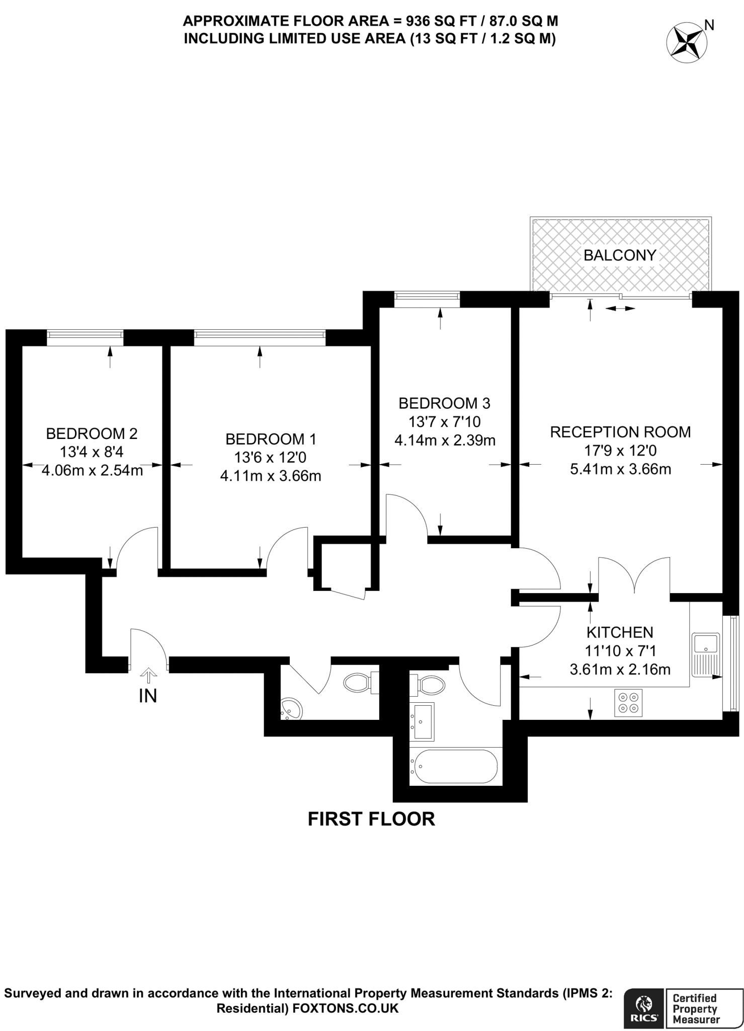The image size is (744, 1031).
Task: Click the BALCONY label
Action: (x=620, y=255)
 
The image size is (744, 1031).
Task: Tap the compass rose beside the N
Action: (x=685, y=43)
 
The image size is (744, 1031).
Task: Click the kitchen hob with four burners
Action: (x=628, y=703)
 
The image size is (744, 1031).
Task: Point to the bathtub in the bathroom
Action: (x=455, y=766)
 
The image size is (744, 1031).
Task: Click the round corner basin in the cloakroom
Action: (x=291, y=708)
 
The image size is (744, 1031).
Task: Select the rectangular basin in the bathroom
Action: (x=422, y=721)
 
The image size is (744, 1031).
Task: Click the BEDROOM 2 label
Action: (x=92, y=433)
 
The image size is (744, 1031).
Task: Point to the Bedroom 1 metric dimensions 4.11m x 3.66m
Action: (x=271, y=476)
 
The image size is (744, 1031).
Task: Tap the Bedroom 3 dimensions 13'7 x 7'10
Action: (x=445, y=421)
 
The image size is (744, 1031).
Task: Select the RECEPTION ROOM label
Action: (x=620, y=432)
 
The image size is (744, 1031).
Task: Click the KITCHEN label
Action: (x=620, y=632)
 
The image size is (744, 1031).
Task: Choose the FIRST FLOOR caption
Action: (x=371, y=819)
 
